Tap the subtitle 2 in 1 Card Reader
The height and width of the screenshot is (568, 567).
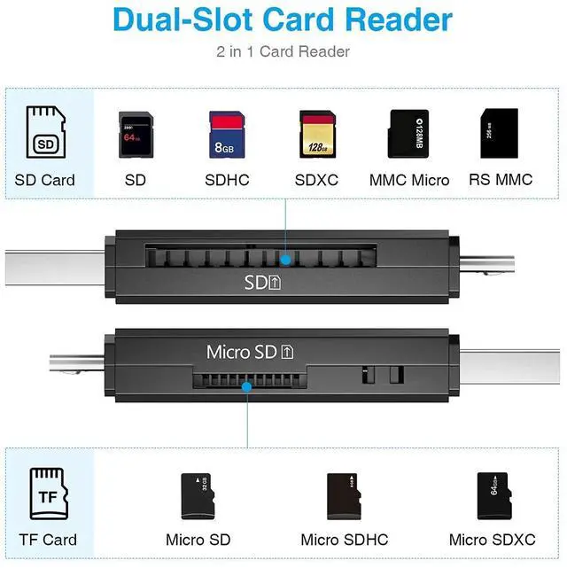(283, 51)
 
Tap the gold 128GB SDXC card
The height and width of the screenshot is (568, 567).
(316, 134)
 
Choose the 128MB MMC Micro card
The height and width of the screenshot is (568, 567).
(408, 134)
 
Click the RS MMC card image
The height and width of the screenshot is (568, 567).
(500, 134)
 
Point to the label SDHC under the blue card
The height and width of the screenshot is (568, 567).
(227, 180)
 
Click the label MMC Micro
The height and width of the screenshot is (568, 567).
(409, 180)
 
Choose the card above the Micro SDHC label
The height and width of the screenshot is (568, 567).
(344, 495)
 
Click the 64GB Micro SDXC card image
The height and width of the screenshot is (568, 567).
(493, 495)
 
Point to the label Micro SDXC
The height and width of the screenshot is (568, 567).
(493, 540)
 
